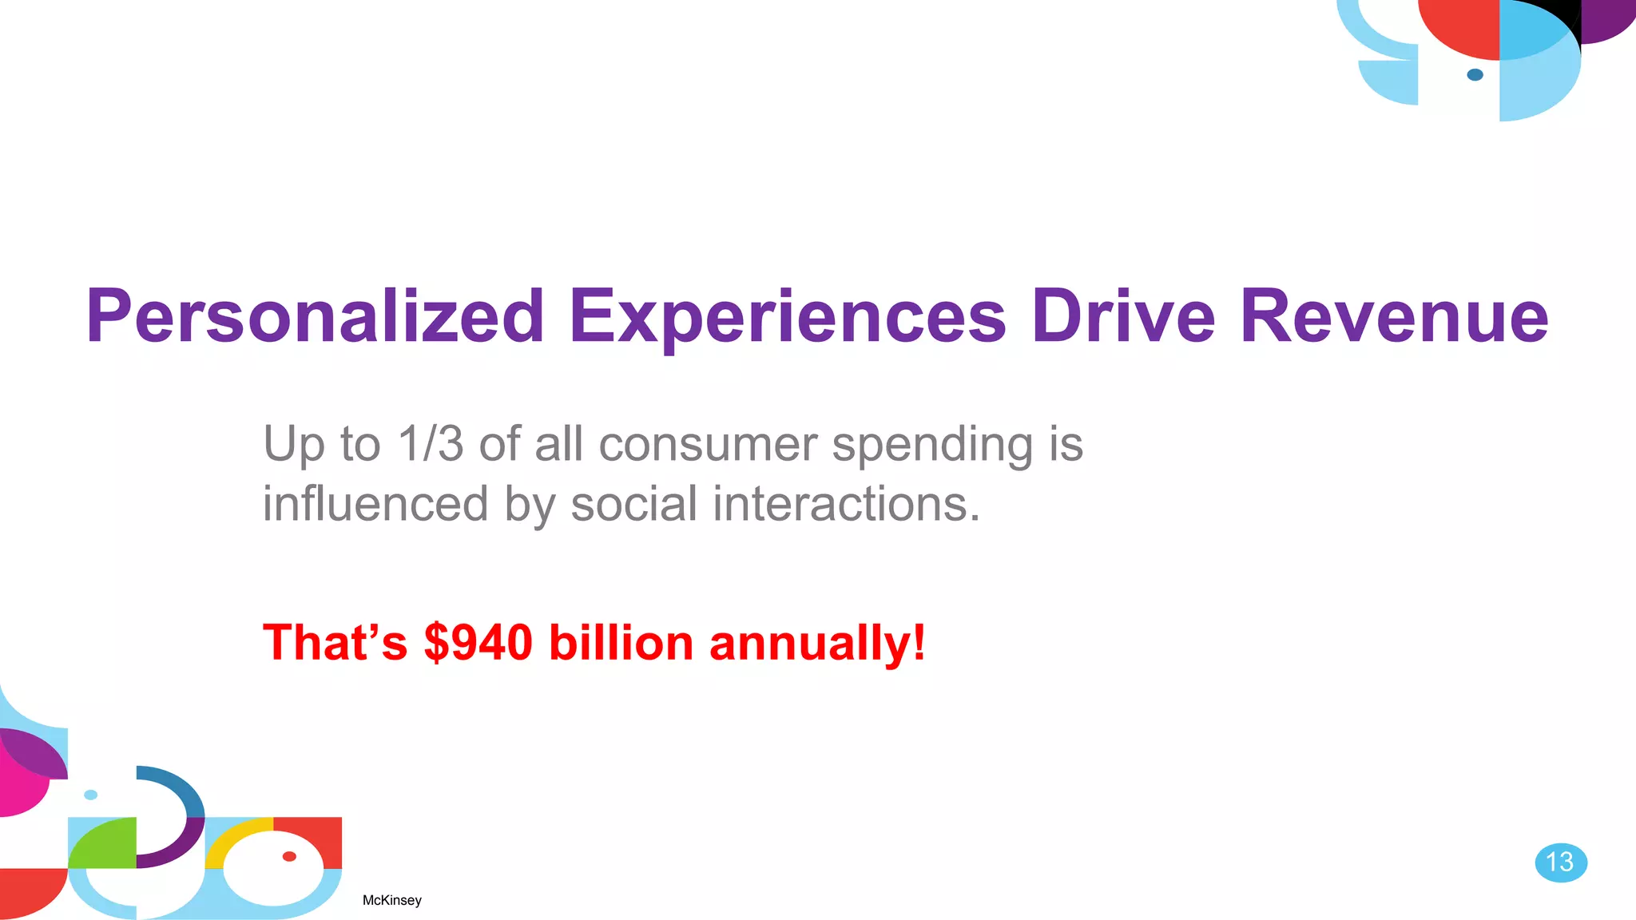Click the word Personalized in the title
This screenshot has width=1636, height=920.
pyautogui.click(x=315, y=317)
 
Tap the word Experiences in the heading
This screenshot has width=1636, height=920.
pyautogui.click(x=787, y=317)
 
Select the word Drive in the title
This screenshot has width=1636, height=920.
pyautogui.click(x=1122, y=317)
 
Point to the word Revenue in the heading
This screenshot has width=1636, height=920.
pyautogui.click(x=1394, y=317)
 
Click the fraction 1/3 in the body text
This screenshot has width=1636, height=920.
pyautogui.click(x=430, y=444)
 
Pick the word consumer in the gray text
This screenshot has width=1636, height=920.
pyautogui.click(x=708, y=444)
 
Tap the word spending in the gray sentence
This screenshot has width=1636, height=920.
pyautogui.click(x=932, y=446)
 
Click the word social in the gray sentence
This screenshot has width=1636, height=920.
pyautogui.click(x=634, y=504)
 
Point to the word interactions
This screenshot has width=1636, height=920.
pyautogui.click(x=845, y=504)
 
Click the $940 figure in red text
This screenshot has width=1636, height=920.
pyautogui.click(x=478, y=642)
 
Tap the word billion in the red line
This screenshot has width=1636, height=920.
pyautogui.click(x=621, y=642)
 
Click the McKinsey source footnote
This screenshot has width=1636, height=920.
pyautogui.click(x=391, y=900)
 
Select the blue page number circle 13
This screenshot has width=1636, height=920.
pyautogui.click(x=1560, y=862)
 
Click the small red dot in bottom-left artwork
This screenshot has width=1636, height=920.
pyautogui.click(x=289, y=856)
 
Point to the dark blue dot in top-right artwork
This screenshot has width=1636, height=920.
pyautogui.click(x=1475, y=75)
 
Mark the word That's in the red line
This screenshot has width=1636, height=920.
pyautogui.click(x=335, y=642)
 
